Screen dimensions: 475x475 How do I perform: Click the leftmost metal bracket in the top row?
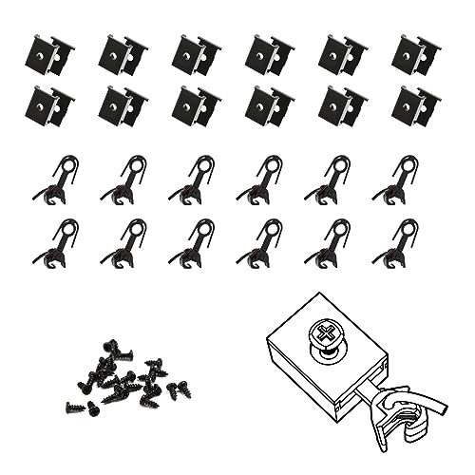[48, 56]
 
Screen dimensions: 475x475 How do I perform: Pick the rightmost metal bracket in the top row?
[415, 56]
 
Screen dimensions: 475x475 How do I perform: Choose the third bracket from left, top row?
[196, 56]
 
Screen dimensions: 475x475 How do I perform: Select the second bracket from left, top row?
[122, 56]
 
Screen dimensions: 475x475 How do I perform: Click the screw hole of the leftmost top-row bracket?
[39, 55]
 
